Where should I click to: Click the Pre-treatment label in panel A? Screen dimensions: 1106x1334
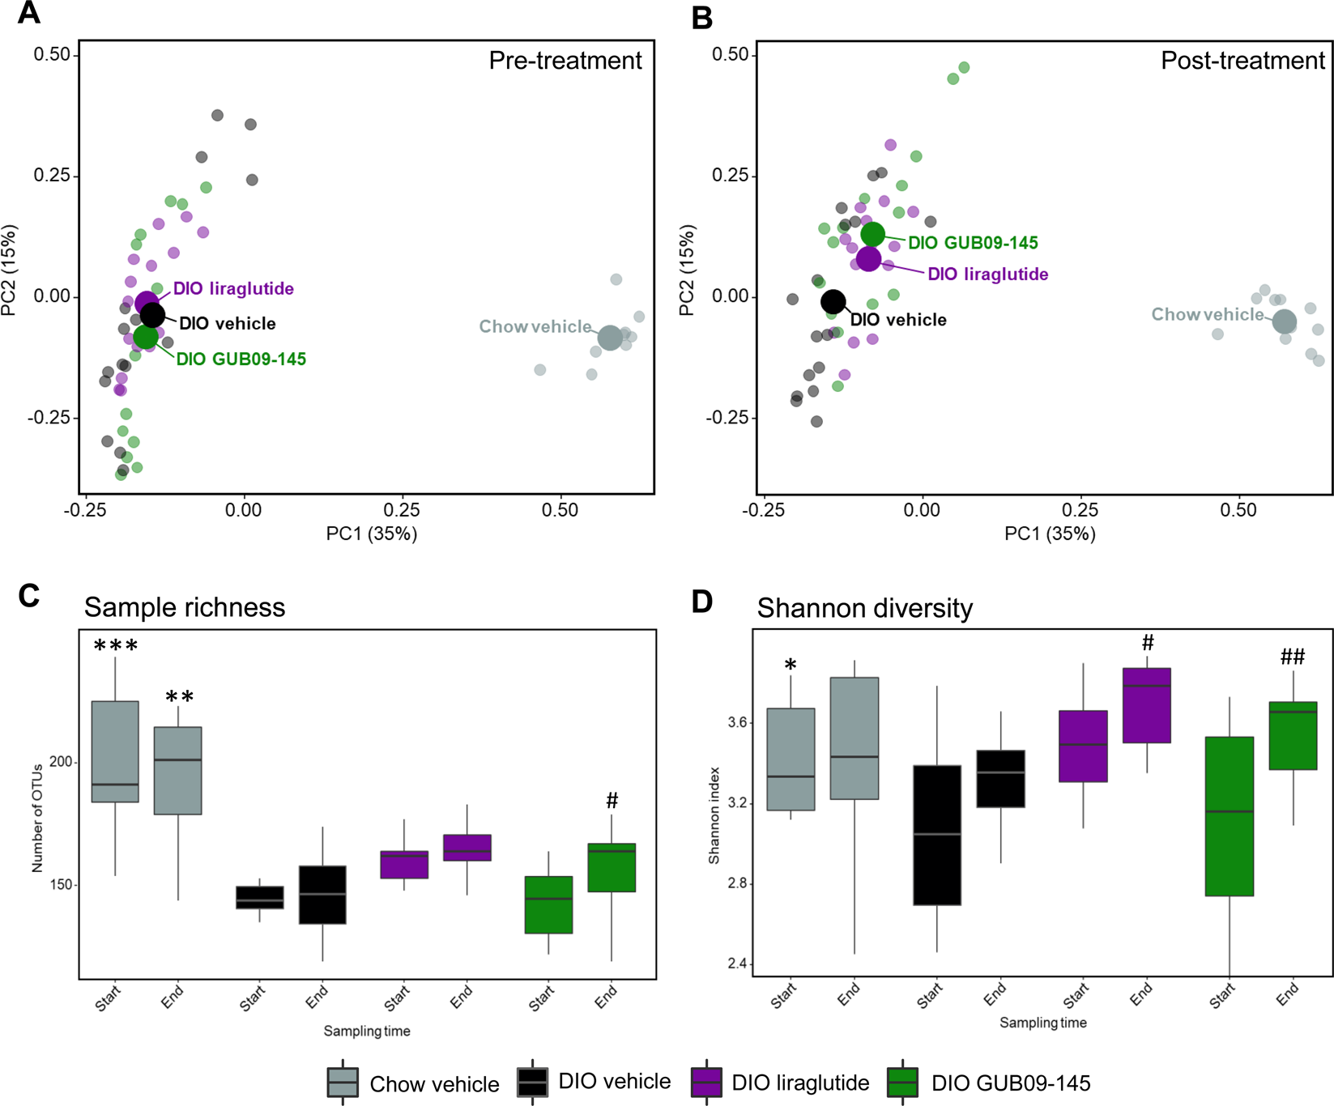(x=565, y=61)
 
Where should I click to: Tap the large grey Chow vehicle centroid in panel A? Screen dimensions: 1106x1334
(x=610, y=338)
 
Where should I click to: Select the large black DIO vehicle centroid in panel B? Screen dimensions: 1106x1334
(x=833, y=302)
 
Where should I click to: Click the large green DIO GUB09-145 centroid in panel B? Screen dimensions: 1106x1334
(x=872, y=235)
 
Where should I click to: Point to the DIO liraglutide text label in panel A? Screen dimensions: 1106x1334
(x=233, y=289)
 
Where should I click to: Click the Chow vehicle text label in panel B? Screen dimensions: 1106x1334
(x=1207, y=314)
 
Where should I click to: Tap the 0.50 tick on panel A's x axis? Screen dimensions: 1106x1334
(x=560, y=510)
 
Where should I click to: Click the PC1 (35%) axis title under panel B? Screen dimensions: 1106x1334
(x=1050, y=534)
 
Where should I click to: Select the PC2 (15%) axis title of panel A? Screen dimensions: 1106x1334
(x=10, y=270)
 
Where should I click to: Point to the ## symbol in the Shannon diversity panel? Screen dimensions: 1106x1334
(x=1293, y=657)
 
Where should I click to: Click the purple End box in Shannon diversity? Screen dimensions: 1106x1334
(x=1146, y=705)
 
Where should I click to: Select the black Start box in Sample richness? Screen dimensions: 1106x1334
(x=259, y=898)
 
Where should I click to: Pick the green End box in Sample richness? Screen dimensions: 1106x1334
(x=612, y=868)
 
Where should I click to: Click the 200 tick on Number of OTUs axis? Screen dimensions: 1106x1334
(x=62, y=762)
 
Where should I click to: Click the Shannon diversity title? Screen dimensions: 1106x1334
(x=864, y=608)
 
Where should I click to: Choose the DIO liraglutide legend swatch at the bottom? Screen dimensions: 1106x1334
(x=705, y=1083)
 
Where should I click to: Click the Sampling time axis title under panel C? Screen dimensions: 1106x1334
(x=367, y=1032)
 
